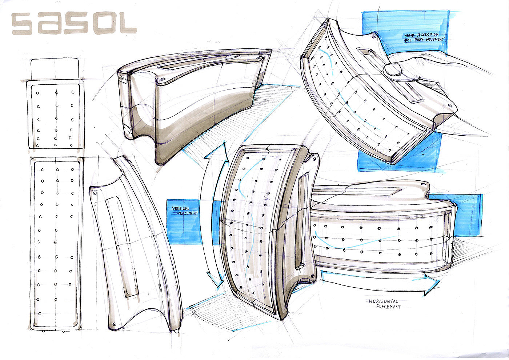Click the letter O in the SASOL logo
tap(103, 24)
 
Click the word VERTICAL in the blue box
tap(180, 208)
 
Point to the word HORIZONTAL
tap(383, 301)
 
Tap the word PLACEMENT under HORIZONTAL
tap(388, 307)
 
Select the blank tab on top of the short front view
tap(55, 68)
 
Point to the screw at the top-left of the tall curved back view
tap(95, 194)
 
